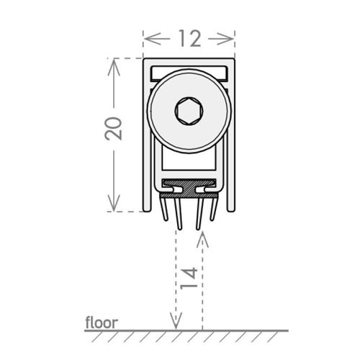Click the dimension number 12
(189, 38)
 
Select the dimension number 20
(114, 128)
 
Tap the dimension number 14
(189, 279)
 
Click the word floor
(102, 323)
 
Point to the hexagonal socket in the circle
(189, 111)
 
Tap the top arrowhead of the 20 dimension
(114, 67)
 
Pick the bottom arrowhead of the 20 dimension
(114, 203)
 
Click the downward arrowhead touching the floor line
(176, 321)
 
